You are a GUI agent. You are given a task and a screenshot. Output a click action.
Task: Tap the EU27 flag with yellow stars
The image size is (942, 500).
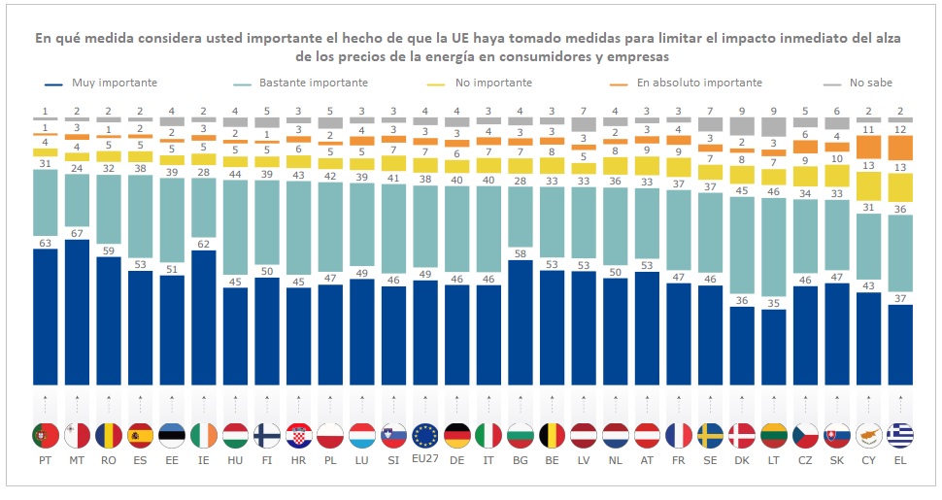pos(425,435)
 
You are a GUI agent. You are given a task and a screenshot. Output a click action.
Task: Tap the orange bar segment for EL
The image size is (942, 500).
pos(899,148)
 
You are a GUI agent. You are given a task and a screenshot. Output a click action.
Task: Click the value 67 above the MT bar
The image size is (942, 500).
pos(78,232)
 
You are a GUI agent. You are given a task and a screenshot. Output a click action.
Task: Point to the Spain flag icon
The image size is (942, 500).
pos(141,435)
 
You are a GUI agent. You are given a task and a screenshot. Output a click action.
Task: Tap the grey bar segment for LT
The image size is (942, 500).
pos(773,127)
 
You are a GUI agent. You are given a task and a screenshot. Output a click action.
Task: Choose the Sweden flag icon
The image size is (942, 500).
pos(710,435)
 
